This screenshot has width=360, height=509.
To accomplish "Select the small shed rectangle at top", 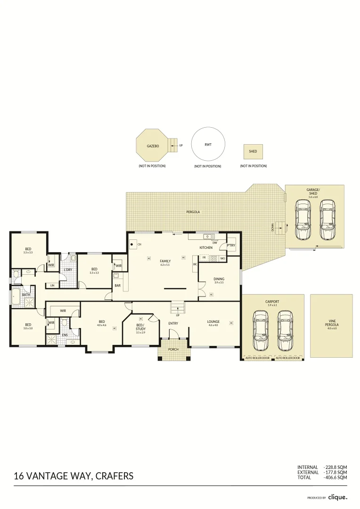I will pos(253,152).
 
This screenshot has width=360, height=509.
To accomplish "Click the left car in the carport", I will pos(260,330).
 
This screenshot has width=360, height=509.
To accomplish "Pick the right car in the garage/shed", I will pos(327,219).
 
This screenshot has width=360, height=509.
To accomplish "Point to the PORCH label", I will pos(174,350).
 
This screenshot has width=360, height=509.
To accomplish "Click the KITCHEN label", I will pos(206,247).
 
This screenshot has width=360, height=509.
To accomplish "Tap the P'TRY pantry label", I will pos(231,246).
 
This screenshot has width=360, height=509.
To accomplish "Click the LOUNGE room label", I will pos(213,322).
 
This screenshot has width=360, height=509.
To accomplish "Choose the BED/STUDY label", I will pos(140,327).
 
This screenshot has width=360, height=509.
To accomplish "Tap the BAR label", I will pos(117,285).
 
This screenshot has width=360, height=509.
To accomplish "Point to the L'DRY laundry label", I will pos(67,270).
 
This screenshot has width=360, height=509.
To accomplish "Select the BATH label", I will pos(26,295).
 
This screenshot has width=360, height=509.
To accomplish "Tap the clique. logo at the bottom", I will pos(338,497).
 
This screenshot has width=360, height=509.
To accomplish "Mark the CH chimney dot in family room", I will pos(132,244).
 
